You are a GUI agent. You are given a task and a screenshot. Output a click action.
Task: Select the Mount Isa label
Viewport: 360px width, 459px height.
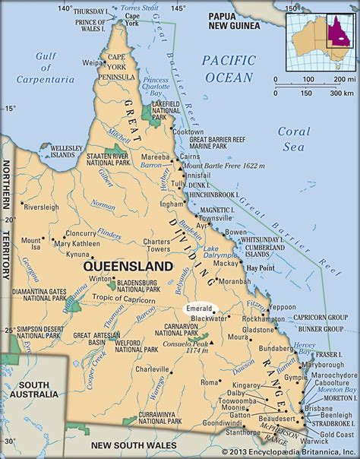[x=30, y=243]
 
